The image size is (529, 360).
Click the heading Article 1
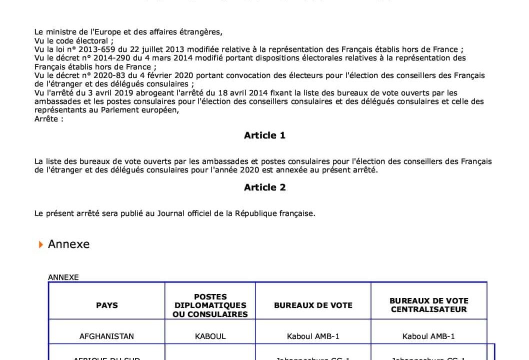tap(264, 135)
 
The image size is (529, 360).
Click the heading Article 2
tap(264, 187)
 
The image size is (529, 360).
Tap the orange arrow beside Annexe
tap(41, 244)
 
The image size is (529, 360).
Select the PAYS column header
tap(106, 305)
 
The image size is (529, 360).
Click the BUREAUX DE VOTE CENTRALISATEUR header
tap(428, 305)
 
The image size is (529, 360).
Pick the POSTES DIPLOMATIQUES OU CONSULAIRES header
tap(210, 305)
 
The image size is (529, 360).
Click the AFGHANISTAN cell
tap(106, 336)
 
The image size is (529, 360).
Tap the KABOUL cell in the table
tap(210, 336)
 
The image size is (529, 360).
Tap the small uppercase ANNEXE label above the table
tap(63, 277)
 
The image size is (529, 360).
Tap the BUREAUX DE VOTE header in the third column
tap(313, 305)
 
